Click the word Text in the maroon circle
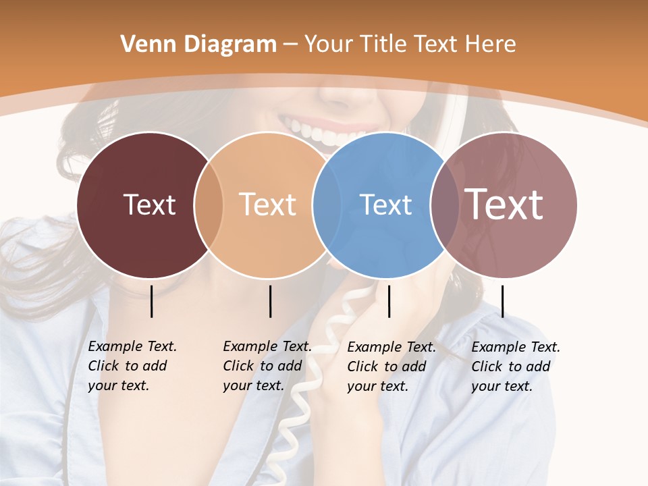click(149, 205)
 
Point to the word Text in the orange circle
click(268, 205)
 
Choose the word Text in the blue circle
click(385, 205)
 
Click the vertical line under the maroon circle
click(151, 301)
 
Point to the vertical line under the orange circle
click(270, 301)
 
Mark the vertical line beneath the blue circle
click(389, 301)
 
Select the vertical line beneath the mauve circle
click(502, 301)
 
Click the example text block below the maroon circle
click(132, 366)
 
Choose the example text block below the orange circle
click(267, 366)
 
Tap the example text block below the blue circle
click(391, 367)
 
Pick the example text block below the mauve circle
click(515, 367)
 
